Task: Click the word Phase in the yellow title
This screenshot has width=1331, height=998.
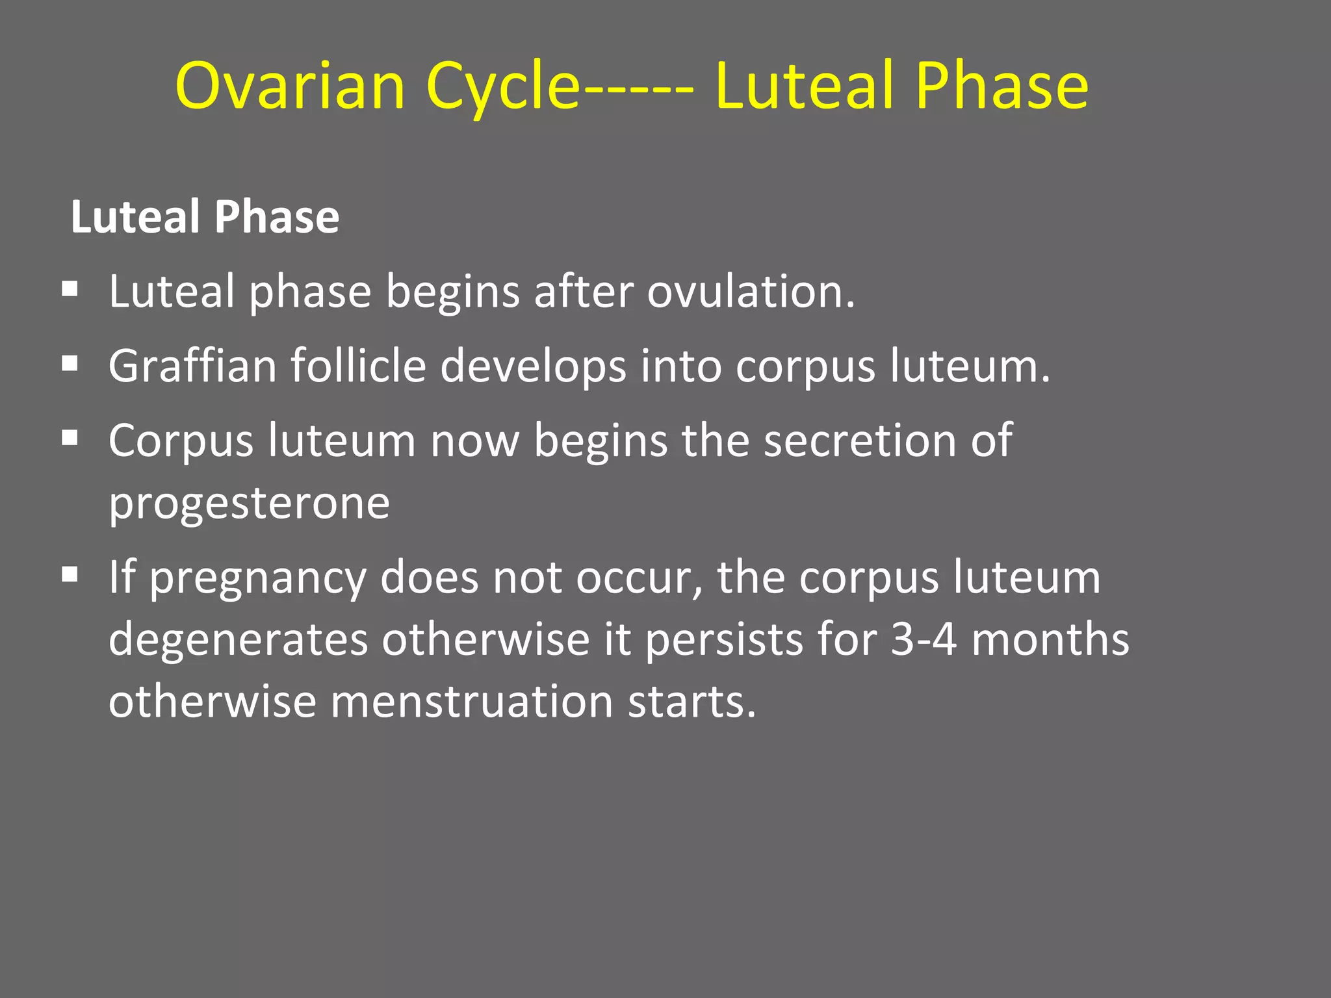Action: (1001, 86)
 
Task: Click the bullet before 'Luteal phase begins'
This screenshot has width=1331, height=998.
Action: (70, 288)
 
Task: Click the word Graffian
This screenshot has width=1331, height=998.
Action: (192, 366)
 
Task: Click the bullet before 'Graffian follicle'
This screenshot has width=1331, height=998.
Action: (70, 364)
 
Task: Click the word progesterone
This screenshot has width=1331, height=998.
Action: (249, 503)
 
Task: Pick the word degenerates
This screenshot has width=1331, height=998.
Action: (239, 639)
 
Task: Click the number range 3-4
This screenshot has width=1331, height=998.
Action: (924, 639)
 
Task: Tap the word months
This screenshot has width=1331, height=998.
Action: (1050, 639)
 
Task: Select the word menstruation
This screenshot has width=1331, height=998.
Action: (472, 702)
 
